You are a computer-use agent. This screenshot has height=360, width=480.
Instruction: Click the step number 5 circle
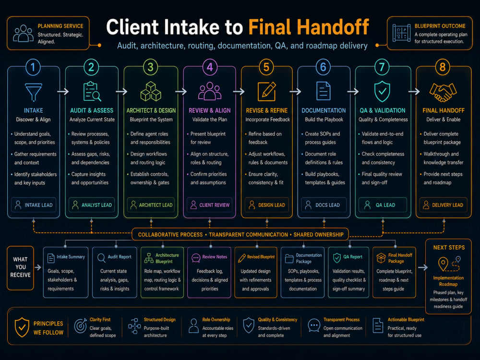266,67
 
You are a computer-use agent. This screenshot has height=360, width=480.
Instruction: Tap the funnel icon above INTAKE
34,92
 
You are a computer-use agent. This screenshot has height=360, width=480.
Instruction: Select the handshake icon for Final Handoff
443,92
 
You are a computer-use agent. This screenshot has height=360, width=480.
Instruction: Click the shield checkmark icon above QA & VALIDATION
382,92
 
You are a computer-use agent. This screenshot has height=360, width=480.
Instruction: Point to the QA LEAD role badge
383,205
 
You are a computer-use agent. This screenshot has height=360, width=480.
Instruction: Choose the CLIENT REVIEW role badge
209,205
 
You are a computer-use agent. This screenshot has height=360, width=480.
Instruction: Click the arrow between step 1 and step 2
63,91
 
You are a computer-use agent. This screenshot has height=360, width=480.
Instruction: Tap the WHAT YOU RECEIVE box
20,268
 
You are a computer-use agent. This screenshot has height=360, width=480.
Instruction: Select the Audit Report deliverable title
120,257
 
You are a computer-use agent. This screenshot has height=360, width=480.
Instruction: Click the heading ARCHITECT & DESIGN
151,110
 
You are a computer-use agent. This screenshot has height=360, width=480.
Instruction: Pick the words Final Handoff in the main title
309,27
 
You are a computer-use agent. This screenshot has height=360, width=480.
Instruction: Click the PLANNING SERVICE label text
60,26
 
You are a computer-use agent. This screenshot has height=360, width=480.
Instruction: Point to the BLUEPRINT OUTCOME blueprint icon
401,33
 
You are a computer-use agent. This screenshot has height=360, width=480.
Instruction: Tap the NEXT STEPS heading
449,247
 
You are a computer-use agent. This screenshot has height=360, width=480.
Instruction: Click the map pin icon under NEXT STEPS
443,264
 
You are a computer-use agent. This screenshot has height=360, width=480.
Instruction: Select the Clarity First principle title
100,320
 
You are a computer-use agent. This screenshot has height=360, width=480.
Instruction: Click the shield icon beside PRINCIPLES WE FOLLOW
22,327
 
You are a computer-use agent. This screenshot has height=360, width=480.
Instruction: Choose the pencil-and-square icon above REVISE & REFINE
266,91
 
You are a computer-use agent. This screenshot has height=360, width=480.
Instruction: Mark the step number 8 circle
443,67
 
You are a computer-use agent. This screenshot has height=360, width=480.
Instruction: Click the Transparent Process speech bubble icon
314,325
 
